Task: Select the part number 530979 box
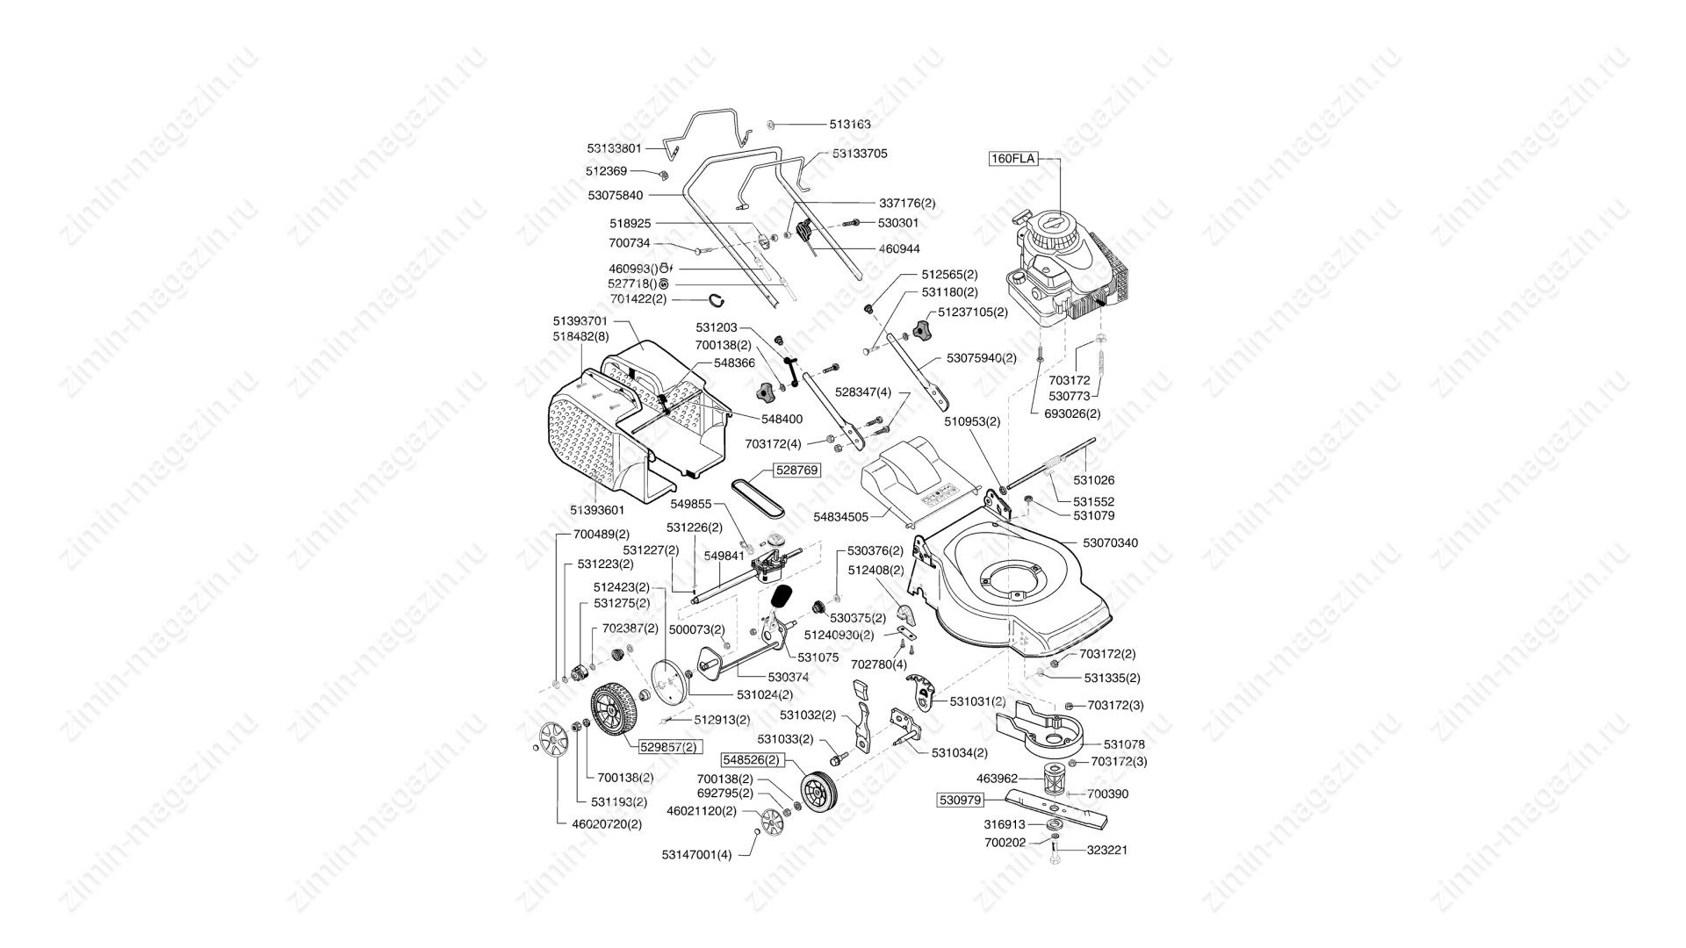tap(959, 800)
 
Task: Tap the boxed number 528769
tap(796, 470)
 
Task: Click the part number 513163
tap(850, 125)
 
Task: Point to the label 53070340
tap(1110, 543)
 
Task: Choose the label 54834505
tap(840, 518)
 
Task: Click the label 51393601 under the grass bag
tap(597, 510)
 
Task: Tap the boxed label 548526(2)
tap(751, 759)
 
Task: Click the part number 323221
tap(1107, 851)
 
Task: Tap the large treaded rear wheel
tap(614, 713)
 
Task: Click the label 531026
tap(1094, 480)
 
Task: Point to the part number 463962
tap(997, 779)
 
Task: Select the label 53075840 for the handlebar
tap(615, 195)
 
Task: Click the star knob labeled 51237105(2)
tap(920, 331)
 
